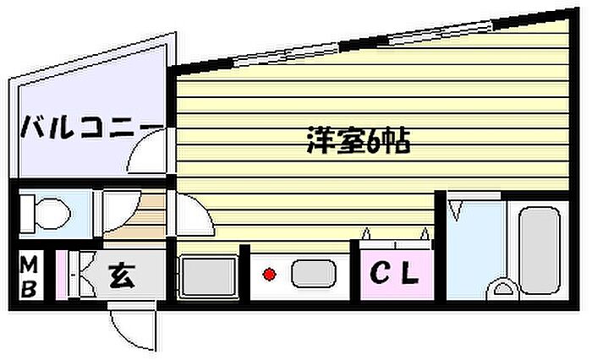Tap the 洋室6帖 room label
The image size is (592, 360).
[358, 142]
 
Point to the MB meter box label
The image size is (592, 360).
[28, 277]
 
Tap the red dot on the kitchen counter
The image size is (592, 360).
[269, 274]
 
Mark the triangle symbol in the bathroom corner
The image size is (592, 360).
[458, 206]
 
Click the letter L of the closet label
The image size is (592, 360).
[408, 273]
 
